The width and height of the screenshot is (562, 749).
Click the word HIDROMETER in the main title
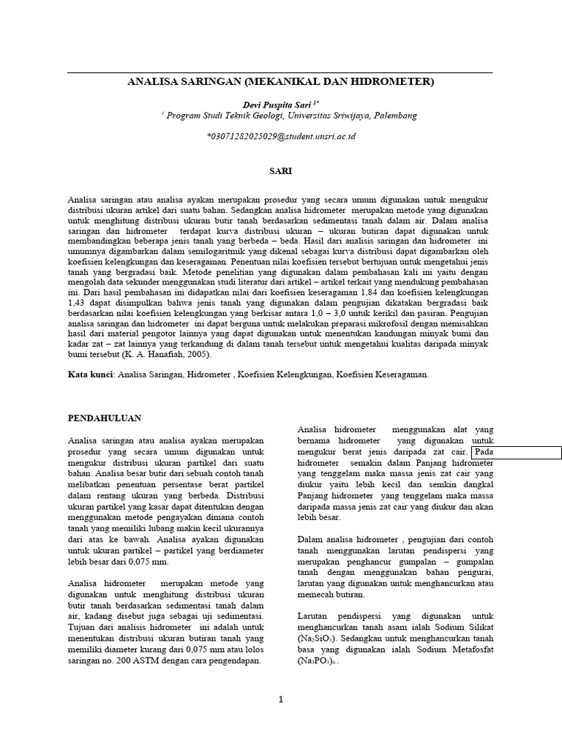point(394,83)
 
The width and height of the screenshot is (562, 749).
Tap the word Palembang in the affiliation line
point(392,116)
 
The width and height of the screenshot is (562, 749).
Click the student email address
point(281,137)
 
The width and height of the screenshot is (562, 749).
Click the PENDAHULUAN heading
point(105,418)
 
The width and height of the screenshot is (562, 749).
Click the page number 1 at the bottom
point(280,699)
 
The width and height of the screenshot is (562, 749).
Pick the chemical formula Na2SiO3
point(318,639)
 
